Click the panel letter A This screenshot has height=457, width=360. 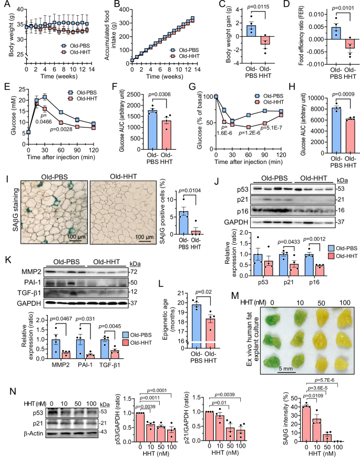point(5,4)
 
